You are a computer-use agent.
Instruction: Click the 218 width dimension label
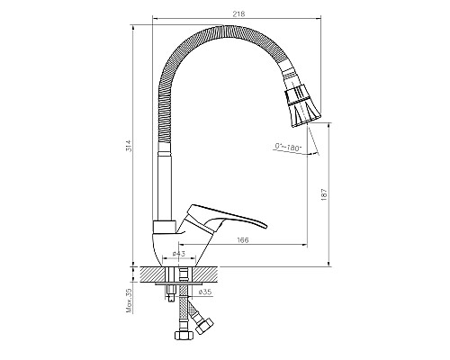238,13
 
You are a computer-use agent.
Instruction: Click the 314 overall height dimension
128,146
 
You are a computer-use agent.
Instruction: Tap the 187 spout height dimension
324,194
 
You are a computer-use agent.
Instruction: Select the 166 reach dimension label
243,240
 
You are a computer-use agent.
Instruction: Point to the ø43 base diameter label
179,254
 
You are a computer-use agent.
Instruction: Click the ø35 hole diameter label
205,292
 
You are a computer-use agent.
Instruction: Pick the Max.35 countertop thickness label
130,301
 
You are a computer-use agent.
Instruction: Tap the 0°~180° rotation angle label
288,147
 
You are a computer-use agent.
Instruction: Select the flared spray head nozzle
302,105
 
